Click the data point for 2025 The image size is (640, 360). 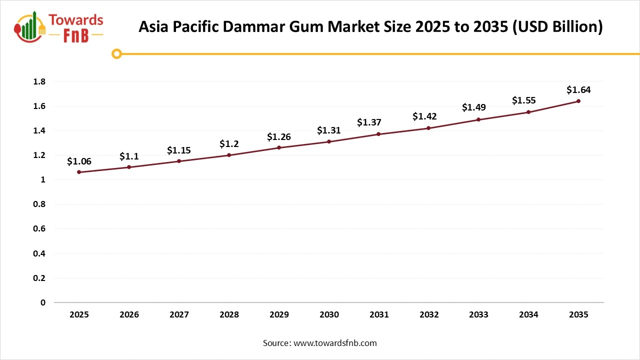[x=79, y=172]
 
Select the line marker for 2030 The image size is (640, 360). [x=329, y=141]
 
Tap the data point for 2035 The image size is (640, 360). [x=578, y=101]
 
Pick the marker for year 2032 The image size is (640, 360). [x=428, y=128]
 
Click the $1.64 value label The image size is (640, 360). [x=578, y=90]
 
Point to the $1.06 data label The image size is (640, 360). [x=79, y=161]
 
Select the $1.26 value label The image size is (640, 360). [x=279, y=136]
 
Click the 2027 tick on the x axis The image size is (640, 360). [x=179, y=314]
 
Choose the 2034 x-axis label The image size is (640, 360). [x=528, y=314]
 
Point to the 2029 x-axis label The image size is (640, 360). [x=279, y=314]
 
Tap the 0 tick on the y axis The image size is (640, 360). [x=43, y=302]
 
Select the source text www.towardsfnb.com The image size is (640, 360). [x=335, y=343]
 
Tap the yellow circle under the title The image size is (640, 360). [x=116, y=53]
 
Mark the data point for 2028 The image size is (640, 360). [x=229, y=155]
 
